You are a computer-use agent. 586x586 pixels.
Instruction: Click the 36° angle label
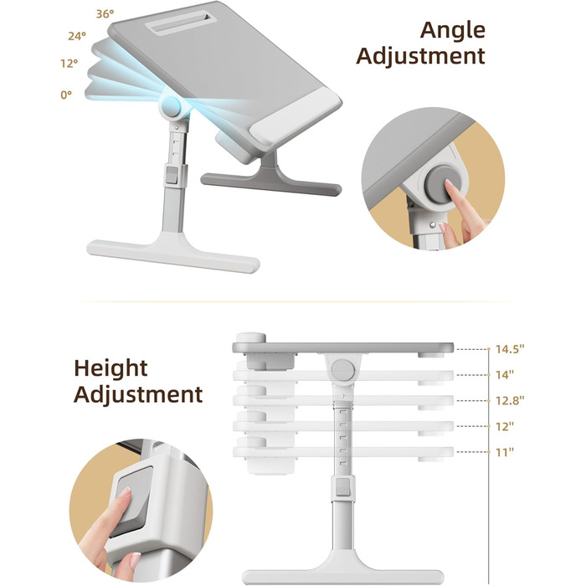[x=105, y=14]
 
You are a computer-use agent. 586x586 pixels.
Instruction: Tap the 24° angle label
[x=77, y=36]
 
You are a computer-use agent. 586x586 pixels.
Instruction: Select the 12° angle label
[x=69, y=63]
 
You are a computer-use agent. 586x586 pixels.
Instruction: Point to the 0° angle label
[x=66, y=95]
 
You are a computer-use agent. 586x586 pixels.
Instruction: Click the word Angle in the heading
[x=453, y=31]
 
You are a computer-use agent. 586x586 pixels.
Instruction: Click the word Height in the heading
[x=111, y=368]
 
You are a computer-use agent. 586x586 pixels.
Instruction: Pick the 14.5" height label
[x=510, y=349]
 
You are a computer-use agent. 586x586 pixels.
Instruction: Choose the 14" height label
[x=505, y=375]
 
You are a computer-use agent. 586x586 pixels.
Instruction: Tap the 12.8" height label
[x=510, y=401]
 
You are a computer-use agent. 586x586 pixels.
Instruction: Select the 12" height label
[x=505, y=426]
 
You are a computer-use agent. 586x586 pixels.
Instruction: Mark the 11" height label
[x=505, y=452]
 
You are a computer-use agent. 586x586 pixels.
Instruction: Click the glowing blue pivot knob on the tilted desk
[x=172, y=106]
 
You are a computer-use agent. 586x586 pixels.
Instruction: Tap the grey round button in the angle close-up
[x=442, y=185]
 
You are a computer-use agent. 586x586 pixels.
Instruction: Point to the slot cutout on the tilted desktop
[x=181, y=23]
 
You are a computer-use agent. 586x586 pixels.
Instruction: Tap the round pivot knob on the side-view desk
[x=343, y=370]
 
